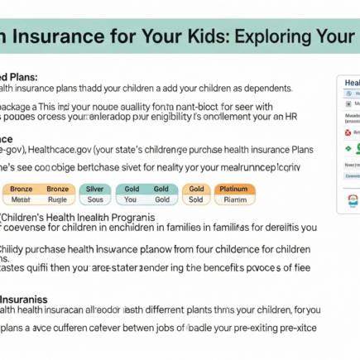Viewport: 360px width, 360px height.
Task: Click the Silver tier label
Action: [x=95, y=189]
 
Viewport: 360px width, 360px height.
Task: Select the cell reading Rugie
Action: [x=57, y=199]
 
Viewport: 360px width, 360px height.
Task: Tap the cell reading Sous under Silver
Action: [x=95, y=199]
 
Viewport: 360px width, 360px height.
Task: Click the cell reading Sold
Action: [x=196, y=199]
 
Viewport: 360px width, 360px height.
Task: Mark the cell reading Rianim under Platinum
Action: [x=235, y=199]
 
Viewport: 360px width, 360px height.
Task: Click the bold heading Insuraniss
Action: [x=24, y=297]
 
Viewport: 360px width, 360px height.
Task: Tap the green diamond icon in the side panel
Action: [x=348, y=147]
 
